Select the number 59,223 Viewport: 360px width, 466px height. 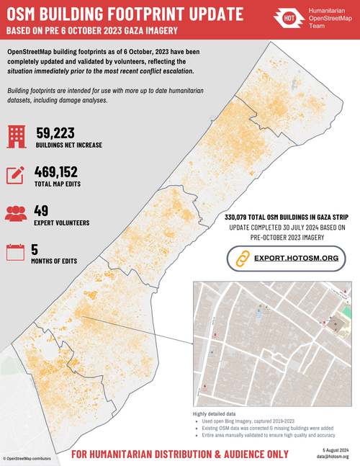pyautogui.click(x=55, y=133)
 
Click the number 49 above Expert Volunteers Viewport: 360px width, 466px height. pyautogui.click(x=42, y=210)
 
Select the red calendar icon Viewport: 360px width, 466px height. pyautogui.click(x=16, y=252)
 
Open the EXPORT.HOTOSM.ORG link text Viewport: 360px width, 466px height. pyautogui.click(x=294, y=257)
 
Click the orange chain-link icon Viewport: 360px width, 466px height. pyautogui.click(x=241, y=258)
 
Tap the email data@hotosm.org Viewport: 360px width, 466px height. pyautogui.click(x=332, y=456)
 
